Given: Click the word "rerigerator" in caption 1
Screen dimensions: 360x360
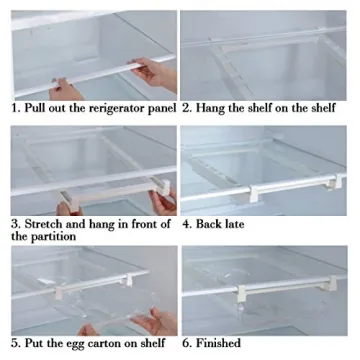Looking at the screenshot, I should tap(115, 107).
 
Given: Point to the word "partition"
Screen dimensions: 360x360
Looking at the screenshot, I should tap(59, 237).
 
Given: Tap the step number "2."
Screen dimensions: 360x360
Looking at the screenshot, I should tap(187, 107).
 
